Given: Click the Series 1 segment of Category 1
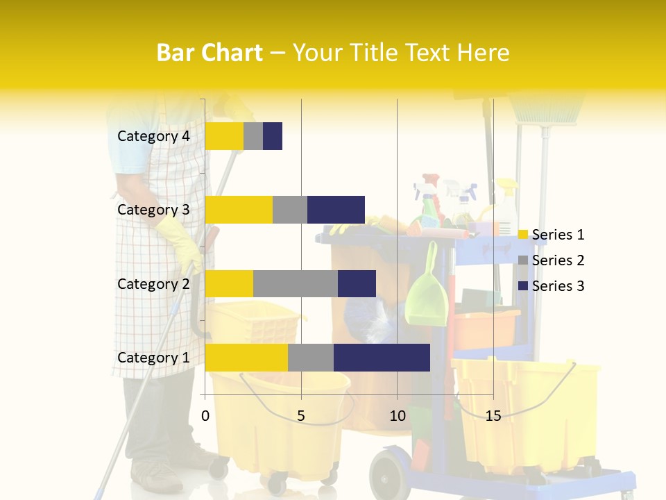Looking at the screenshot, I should (x=246, y=357).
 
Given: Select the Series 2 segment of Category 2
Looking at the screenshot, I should (x=296, y=283).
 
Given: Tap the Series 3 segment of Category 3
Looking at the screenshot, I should (x=336, y=210).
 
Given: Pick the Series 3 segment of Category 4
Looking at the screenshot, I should (x=273, y=136).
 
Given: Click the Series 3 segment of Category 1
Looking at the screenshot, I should (x=382, y=357).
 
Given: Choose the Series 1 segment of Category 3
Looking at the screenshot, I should (x=239, y=210).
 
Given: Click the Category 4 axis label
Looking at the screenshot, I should (x=153, y=136).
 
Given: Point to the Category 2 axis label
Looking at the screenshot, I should (x=153, y=283).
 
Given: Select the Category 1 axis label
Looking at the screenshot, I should (x=153, y=358).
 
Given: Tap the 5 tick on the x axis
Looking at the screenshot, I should (x=301, y=416).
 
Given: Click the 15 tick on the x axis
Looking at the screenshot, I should (x=493, y=416).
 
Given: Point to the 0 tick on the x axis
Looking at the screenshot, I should (x=205, y=416).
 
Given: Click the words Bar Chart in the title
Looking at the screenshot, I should (x=210, y=52).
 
